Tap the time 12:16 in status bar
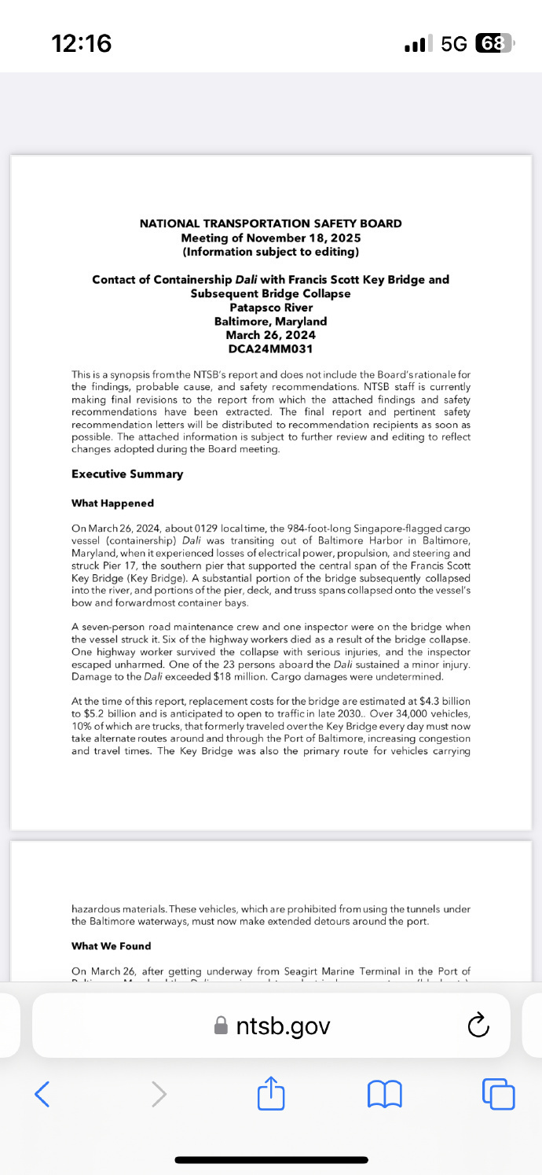pyautogui.click(x=82, y=43)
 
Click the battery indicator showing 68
pyautogui.click(x=494, y=43)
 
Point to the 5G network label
pyautogui.click(x=454, y=43)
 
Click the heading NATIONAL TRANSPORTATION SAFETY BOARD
pyautogui.click(x=270, y=223)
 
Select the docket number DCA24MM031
pyautogui.click(x=270, y=348)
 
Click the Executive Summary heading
pyautogui.click(x=127, y=474)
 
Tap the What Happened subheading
pyautogui.click(x=112, y=503)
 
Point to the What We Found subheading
pyautogui.click(x=111, y=946)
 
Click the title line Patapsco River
pyautogui.click(x=270, y=308)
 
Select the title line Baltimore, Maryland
pyautogui.click(x=270, y=321)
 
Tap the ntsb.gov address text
pyautogui.click(x=283, y=1026)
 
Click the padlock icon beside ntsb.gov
pyautogui.click(x=222, y=1026)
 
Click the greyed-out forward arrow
pyautogui.click(x=159, y=1092)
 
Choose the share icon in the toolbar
pyautogui.click(x=270, y=1092)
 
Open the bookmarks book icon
pyautogui.click(x=385, y=1092)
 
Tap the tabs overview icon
pyautogui.click(x=499, y=1092)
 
